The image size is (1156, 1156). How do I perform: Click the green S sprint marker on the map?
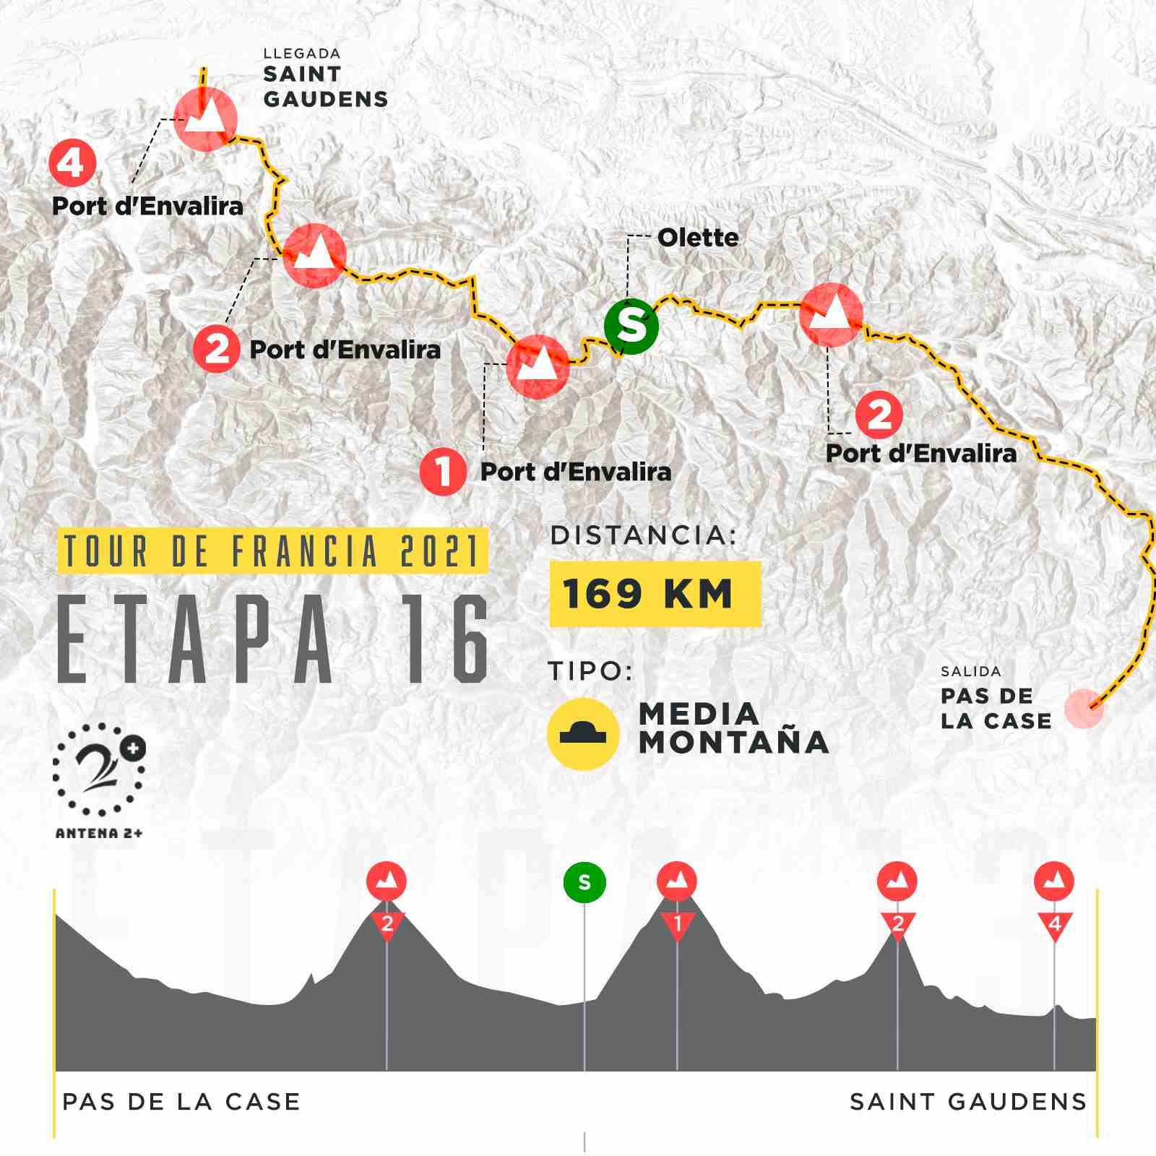[631, 327]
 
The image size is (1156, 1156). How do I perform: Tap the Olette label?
[698, 238]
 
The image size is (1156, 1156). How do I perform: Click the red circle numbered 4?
[72, 164]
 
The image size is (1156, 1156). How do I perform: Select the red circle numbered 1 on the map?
[442, 472]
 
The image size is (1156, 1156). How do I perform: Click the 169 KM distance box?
[655, 594]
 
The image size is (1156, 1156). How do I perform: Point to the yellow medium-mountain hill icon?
[583, 734]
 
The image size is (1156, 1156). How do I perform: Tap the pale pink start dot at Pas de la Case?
[1084, 708]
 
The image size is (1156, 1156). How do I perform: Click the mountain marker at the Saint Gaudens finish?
[206, 119]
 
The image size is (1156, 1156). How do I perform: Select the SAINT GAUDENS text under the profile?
[968, 1102]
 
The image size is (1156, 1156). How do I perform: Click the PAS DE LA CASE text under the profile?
[181, 1102]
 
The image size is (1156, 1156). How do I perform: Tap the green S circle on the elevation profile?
[585, 882]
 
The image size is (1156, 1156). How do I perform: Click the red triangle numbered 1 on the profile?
[677, 925]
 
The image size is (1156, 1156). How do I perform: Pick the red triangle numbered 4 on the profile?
[1054, 925]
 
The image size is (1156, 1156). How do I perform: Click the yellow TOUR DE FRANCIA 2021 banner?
[272, 551]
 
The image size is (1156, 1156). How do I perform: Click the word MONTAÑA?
[734, 742]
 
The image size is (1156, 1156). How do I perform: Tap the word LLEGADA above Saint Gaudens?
[302, 54]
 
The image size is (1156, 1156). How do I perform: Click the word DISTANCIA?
[643, 536]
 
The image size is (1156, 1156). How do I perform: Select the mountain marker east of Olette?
[831, 315]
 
